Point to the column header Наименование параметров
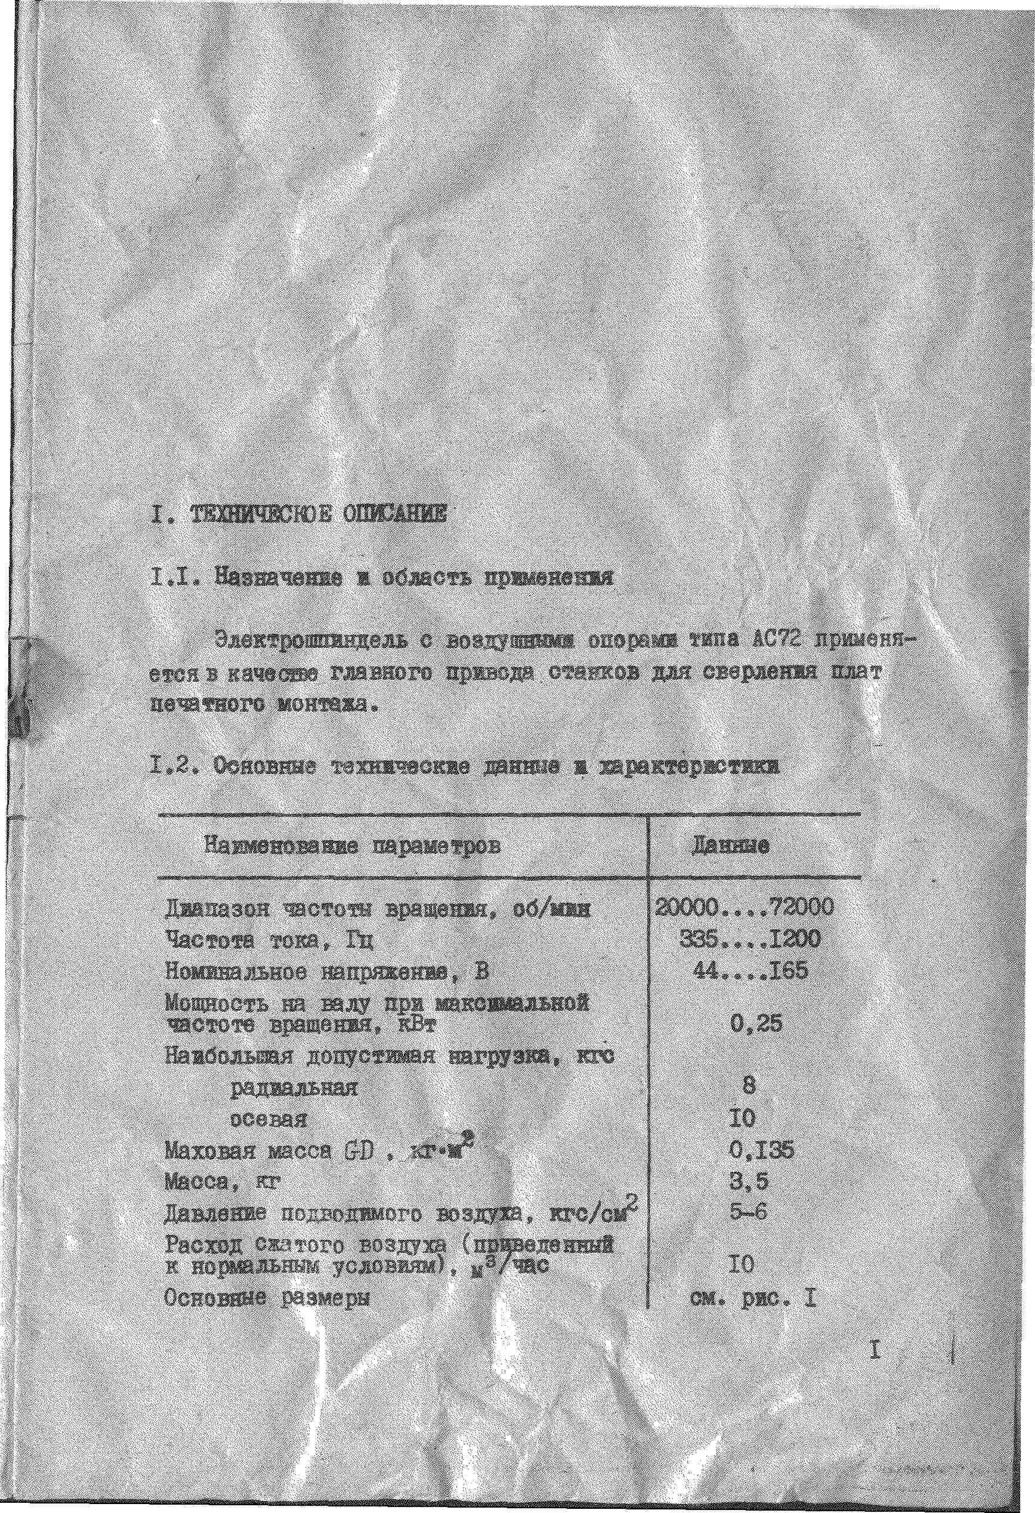pos(354,846)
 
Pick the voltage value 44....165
pos(750,971)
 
